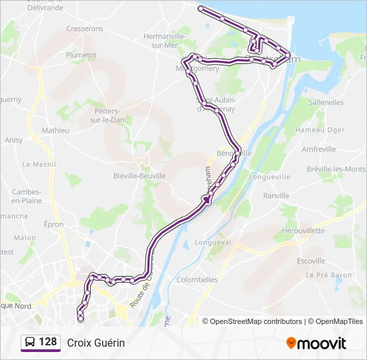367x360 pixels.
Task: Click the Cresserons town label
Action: pos(85,29)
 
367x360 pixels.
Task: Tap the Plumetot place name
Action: pos(81,55)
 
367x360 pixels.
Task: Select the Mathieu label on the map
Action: pos(55,131)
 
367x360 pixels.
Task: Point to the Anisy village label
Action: pos(13,140)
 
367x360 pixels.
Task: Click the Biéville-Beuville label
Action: pos(139,175)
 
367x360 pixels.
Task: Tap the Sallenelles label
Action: pos(326,103)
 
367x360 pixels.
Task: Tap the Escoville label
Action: pos(311,261)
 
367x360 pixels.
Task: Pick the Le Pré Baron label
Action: pos(328,275)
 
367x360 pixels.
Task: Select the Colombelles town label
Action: pos(198,280)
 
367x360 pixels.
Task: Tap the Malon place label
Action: pos(25,237)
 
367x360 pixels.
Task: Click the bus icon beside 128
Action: pos(30,343)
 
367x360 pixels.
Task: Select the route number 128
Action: pos(48,342)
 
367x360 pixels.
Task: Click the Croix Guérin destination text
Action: pos(96,343)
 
